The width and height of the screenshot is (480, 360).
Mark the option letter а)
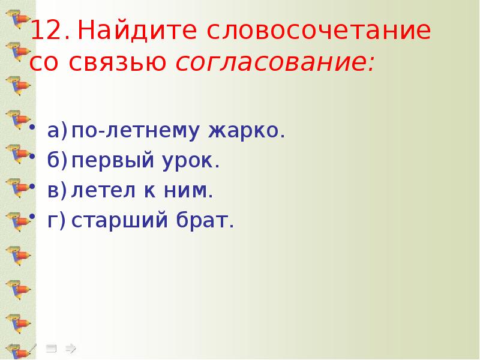pyautogui.click(x=56, y=131)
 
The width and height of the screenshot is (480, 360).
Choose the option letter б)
pyautogui.click(x=56, y=161)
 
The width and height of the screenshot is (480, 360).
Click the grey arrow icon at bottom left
pyautogui.click(x=71, y=347)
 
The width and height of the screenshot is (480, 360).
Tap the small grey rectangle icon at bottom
pyautogui.click(x=52, y=347)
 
